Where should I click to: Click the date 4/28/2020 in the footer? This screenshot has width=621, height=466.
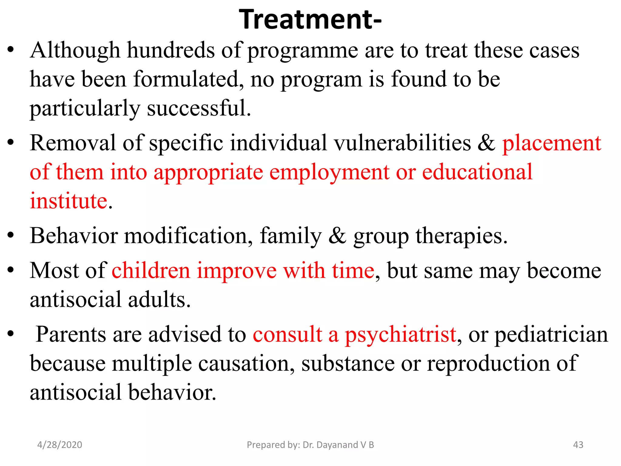point(59,445)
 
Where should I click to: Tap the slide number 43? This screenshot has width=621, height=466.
point(578,445)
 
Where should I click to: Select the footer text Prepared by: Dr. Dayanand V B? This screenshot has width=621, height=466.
point(310,445)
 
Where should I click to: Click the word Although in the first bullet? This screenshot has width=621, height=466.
point(75,50)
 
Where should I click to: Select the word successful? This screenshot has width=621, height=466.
point(199,108)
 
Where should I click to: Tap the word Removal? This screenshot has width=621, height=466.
point(73,143)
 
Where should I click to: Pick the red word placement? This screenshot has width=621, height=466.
point(552,143)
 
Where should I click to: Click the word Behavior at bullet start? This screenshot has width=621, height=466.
point(74,236)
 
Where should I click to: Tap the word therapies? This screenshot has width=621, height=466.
point(461,236)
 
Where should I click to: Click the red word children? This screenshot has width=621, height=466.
point(151,271)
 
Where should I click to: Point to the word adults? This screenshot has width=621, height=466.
point(159,300)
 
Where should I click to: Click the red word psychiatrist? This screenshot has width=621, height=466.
point(401,335)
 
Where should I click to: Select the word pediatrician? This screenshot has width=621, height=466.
point(551,335)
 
